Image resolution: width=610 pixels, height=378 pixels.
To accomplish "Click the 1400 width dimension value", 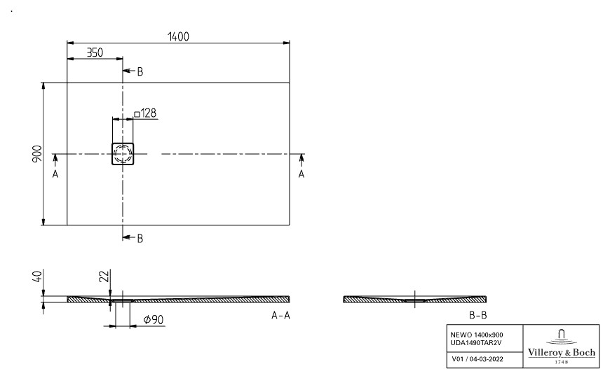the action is click(178, 36).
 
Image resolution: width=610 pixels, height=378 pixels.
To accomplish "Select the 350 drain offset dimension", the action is click(95, 52).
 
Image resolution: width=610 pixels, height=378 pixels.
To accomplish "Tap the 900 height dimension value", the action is click(37, 154).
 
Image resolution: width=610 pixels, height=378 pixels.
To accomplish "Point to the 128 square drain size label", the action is click(145, 113).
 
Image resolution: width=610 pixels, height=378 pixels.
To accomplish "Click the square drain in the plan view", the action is click(123, 154).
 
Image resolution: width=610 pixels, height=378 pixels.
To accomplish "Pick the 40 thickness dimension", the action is click(37, 276).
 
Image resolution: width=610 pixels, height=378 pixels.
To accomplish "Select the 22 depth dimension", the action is click(104, 276).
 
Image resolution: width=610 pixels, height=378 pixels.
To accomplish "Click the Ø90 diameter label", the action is click(154, 319).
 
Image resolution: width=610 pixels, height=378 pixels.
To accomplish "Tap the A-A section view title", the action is click(280, 315).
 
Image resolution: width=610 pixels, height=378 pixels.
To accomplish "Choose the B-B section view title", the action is click(477, 315).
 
